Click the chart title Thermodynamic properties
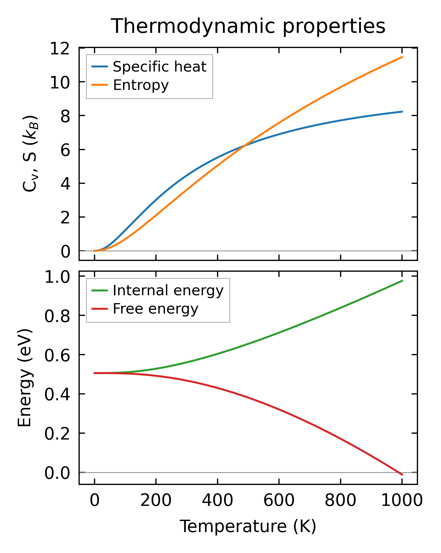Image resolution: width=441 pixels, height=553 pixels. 248,26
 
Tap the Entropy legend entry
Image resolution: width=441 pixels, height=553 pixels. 141,85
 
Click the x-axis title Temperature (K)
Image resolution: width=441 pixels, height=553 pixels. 248,526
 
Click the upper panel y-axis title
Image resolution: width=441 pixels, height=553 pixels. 30,154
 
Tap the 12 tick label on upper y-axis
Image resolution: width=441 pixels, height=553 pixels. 60,48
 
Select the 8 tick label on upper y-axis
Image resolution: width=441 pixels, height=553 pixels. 65,116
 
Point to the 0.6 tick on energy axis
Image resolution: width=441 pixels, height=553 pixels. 57,355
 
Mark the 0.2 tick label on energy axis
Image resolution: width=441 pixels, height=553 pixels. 57,434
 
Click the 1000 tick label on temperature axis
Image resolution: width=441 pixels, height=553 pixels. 402,501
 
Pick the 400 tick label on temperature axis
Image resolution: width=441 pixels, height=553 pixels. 217,501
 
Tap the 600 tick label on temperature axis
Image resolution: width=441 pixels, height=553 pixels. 279,501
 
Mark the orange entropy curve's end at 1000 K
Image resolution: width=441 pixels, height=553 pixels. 402,57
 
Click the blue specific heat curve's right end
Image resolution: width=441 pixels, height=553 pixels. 402,112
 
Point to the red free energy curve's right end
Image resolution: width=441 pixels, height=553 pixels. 402,475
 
